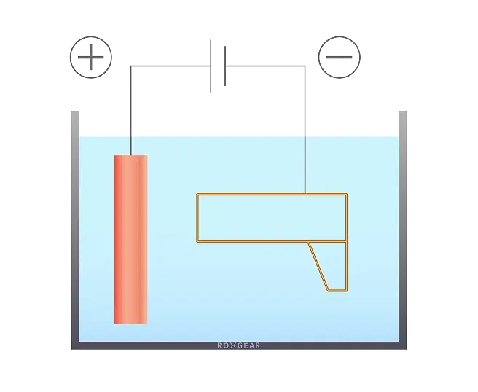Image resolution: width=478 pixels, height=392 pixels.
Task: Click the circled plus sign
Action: [x=91, y=58]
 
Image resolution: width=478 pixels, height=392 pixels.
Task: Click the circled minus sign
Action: [x=340, y=58]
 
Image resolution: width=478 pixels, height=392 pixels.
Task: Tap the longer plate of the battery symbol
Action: [x=211, y=66]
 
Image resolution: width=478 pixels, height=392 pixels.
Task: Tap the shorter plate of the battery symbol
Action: [x=225, y=66]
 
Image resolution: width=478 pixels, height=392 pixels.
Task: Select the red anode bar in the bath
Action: [x=130, y=240]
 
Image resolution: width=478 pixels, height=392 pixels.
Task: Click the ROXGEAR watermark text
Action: [x=239, y=345]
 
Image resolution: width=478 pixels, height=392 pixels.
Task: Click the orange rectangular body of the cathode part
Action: [x=197, y=218]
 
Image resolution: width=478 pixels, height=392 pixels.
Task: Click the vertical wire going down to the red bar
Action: [x=130, y=110]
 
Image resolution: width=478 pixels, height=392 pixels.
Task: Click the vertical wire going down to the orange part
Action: [x=305, y=130]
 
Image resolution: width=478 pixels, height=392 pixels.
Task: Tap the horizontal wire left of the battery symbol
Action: [x=171, y=66]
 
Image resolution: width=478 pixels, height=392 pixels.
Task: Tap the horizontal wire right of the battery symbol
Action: [x=265, y=66]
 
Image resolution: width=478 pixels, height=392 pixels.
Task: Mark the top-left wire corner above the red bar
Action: [x=130, y=66]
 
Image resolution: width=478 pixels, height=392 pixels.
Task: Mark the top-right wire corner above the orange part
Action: [x=305, y=66]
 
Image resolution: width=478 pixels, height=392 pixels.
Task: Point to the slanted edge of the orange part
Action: [x=318, y=267]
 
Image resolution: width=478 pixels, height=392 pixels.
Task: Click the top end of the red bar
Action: [x=130, y=156]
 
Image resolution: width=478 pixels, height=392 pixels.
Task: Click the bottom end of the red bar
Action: [x=130, y=324]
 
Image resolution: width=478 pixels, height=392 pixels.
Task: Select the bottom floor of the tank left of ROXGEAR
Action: [x=144, y=345]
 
